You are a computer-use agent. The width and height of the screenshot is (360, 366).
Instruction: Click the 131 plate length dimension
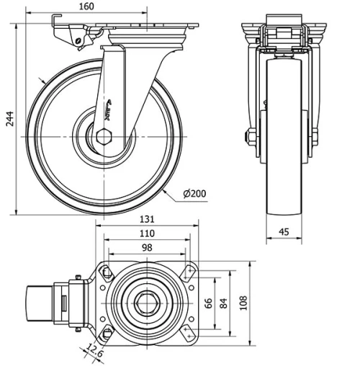coord(147,220)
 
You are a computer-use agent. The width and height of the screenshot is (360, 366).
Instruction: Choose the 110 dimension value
coord(147,233)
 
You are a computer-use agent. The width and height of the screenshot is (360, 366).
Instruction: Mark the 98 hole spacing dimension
coord(147,247)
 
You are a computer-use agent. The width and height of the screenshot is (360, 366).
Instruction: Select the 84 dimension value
coord(224,303)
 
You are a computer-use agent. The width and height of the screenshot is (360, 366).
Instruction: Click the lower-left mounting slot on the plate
coord(107,333)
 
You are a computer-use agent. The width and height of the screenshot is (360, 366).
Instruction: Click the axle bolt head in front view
coord(251,136)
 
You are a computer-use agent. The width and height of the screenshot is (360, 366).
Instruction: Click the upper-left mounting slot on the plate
coord(107,272)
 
